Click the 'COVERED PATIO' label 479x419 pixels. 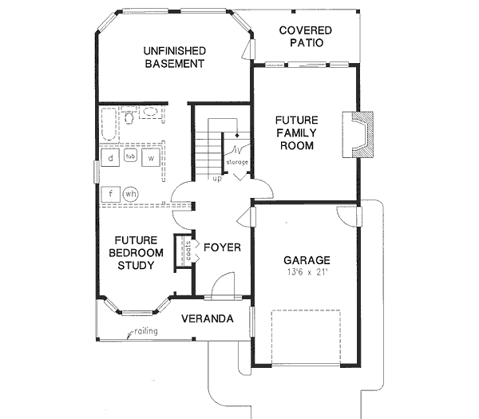[x=305, y=36]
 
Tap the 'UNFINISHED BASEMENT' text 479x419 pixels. [x=175, y=57]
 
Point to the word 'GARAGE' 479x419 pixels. [x=307, y=261]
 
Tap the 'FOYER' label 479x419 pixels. [x=221, y=247]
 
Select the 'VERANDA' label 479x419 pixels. [x=207, y=318]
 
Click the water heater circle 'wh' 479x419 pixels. [x=130, y=193]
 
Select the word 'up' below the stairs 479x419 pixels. [x=216, y=178]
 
